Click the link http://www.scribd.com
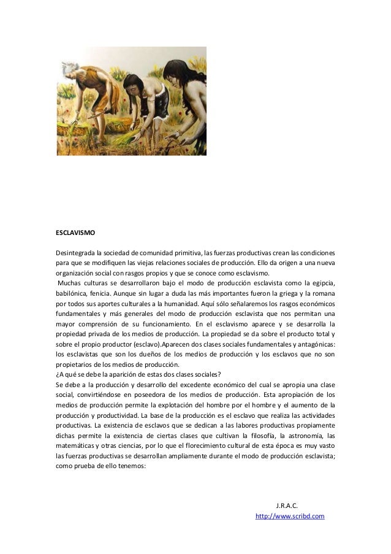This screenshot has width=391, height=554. tap(289, 517)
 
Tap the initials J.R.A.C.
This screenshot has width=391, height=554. tap(287, 506)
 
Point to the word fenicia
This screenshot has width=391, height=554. tap(101, 293)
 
